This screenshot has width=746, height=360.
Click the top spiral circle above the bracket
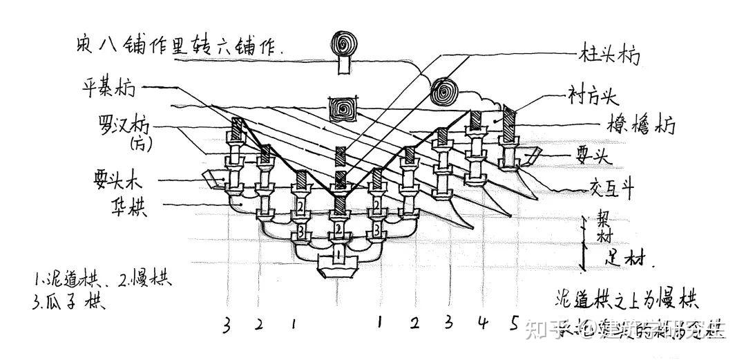coord(343,44)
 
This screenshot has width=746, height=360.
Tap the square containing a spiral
coord(343,108)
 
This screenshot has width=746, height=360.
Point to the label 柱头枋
coord(607,54)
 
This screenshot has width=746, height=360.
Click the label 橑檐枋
coord(636,126)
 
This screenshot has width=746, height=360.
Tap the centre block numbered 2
coord(338,228)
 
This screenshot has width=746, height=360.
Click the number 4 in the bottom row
coord(481,323)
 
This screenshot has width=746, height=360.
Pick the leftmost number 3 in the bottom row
coord(226,325)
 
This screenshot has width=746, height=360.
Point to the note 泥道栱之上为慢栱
coord(626,301)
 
